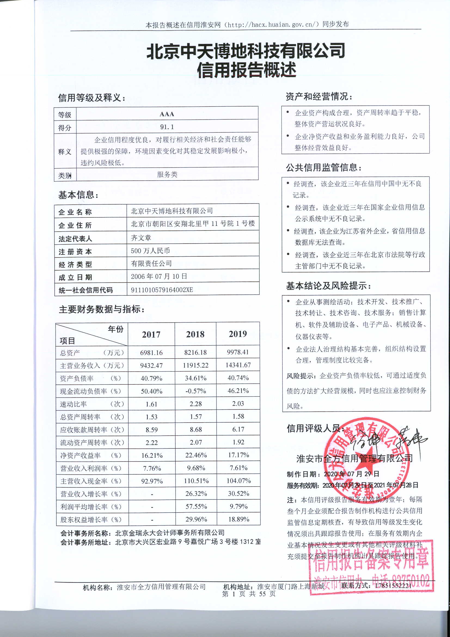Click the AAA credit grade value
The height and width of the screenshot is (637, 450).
167,114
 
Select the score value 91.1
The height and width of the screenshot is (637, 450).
167,127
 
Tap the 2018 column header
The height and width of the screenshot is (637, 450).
195,334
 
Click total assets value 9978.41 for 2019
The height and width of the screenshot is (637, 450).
238,352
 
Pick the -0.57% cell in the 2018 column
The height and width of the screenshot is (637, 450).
196,391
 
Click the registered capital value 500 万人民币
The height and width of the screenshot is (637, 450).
150,251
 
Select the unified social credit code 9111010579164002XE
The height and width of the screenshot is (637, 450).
162,290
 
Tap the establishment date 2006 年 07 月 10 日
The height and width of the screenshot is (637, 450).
159,276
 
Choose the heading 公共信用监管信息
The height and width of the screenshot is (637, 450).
324,167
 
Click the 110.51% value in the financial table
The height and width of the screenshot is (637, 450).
196,481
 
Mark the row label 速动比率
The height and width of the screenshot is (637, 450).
74,404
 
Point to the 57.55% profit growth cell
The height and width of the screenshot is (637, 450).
196,506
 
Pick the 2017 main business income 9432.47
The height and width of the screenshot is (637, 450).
151,365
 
